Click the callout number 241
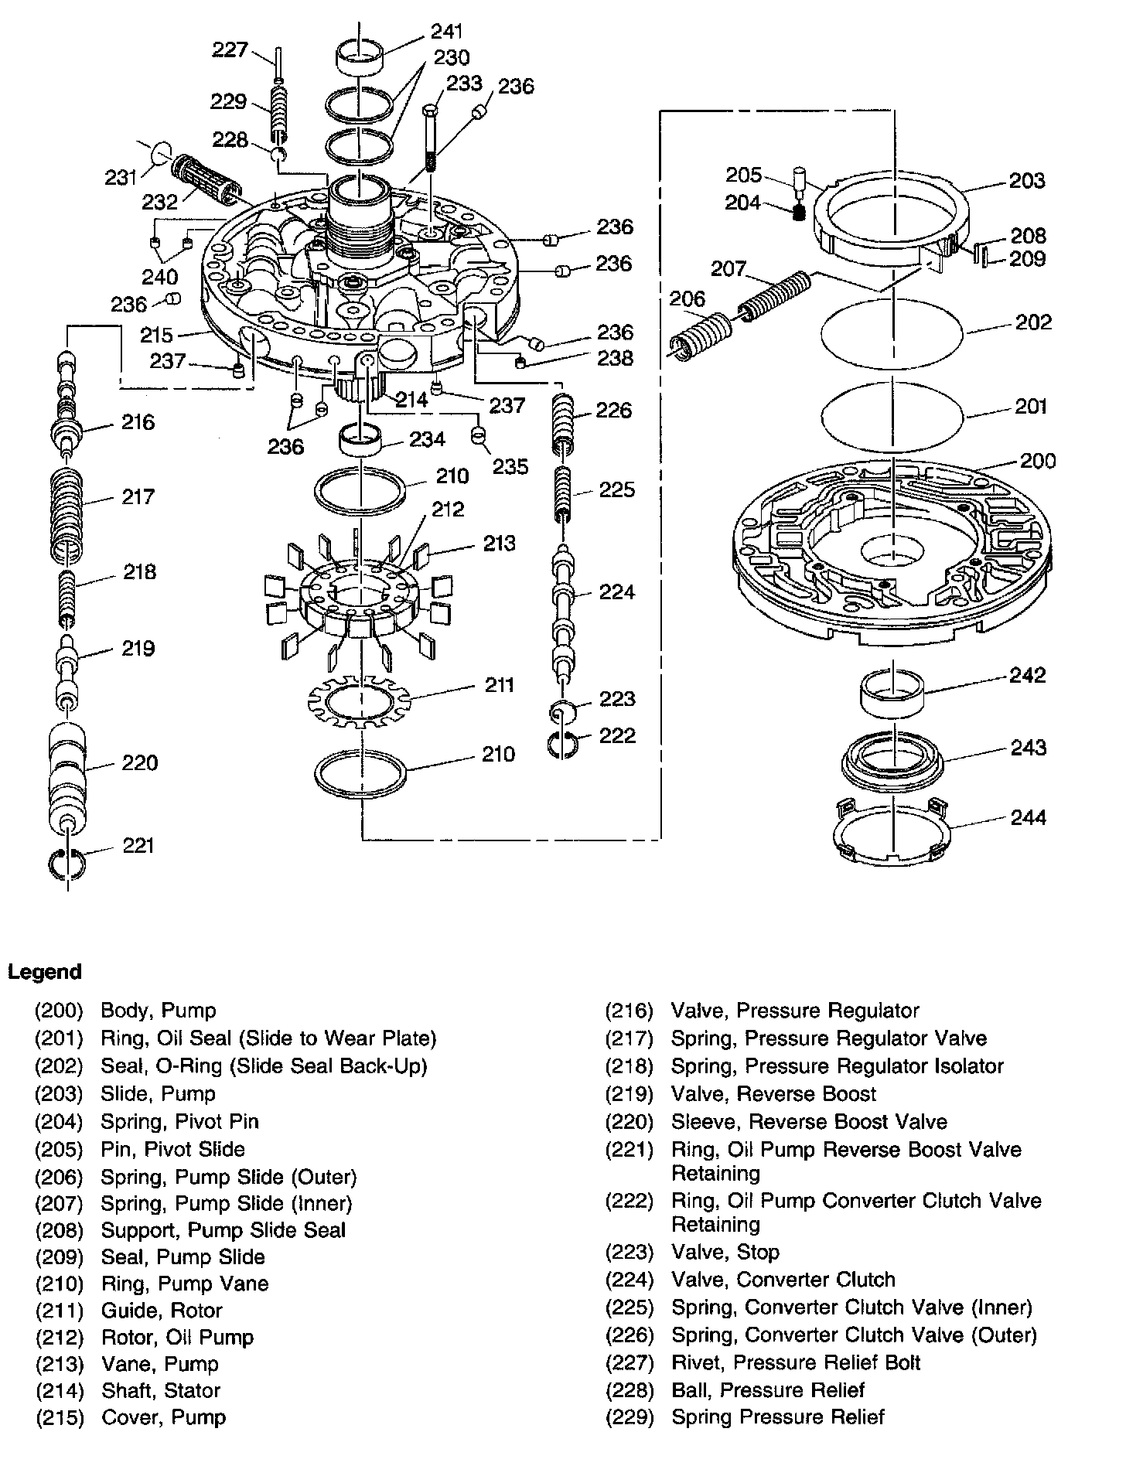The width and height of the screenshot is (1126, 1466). [447, 32]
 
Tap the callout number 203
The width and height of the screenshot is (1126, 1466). [1027, 180]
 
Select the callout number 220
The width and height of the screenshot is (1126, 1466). [139, 763]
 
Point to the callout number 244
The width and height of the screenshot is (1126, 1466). [1029, 817]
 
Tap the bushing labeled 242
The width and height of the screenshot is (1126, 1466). [893, 689]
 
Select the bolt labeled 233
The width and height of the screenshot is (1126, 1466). [432, 139]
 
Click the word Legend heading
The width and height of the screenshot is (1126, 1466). [45, 972]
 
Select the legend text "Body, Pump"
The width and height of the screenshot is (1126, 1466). [159, 1011]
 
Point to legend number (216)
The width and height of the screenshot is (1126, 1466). [630, 1011]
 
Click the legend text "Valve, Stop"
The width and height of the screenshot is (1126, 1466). [725, 1252]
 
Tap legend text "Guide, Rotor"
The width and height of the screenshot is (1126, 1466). [162, 1310]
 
